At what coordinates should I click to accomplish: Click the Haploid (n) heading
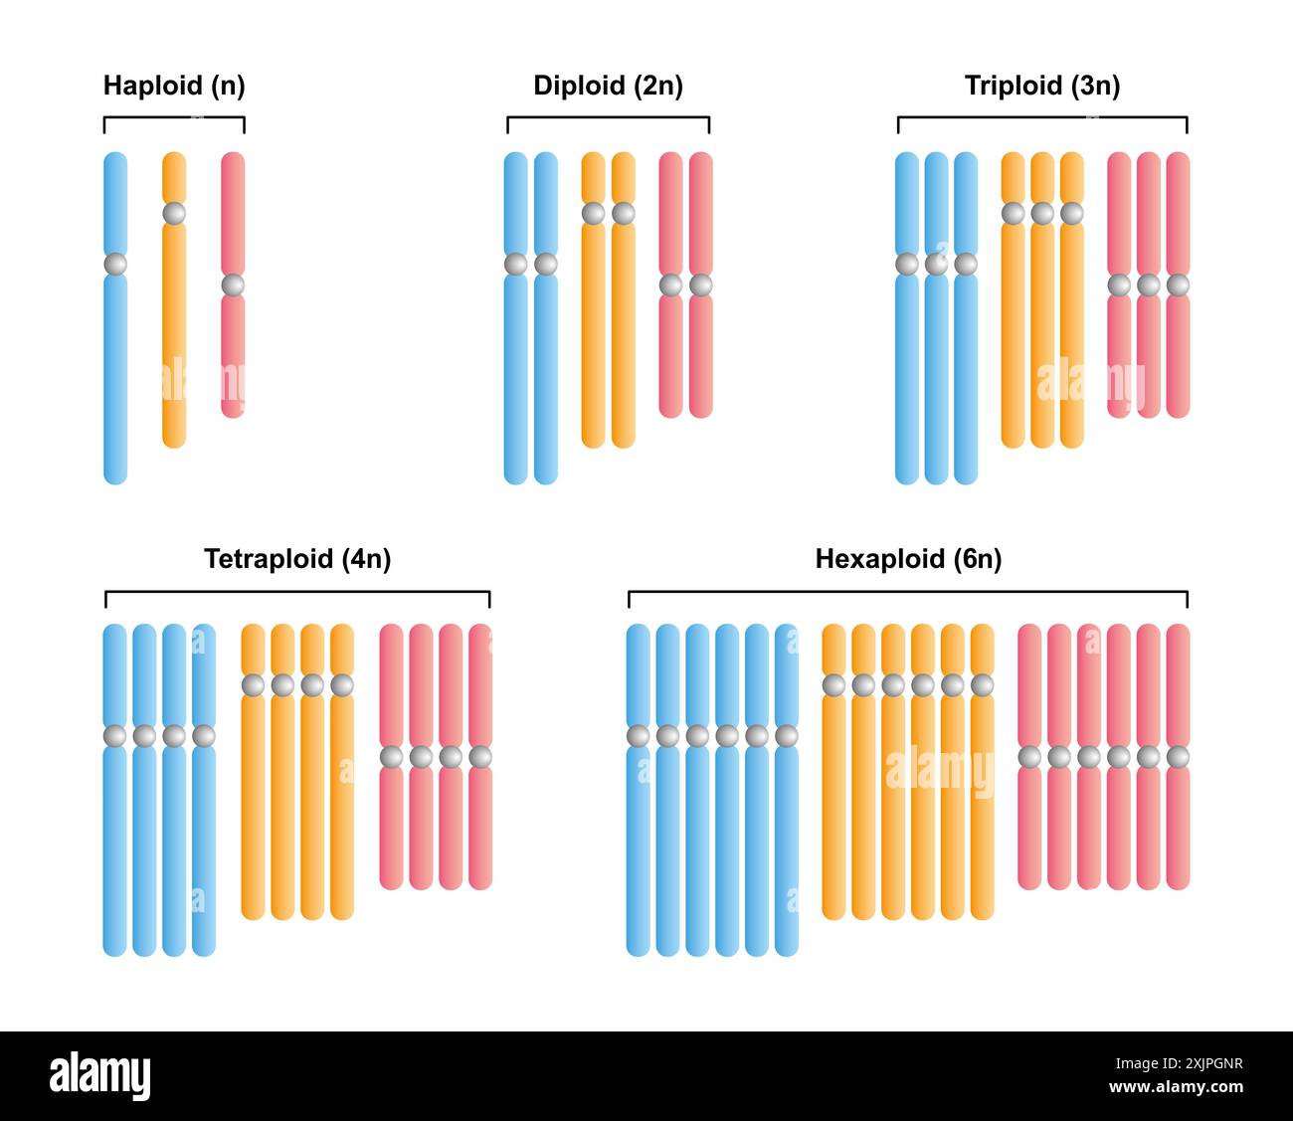pos(174,86)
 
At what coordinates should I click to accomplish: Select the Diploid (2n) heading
pos(608,86)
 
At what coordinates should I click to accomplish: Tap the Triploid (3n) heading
pos(1041,86)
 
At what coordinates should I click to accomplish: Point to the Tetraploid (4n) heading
pos(297,559)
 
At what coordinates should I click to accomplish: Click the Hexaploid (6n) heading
pos(908,559)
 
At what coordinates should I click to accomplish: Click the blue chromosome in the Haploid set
pos(115,378)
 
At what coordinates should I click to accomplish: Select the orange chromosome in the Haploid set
pos(174,328)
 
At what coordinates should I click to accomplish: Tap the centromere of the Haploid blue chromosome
pos(115,265)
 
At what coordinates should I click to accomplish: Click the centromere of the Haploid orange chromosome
pos(174,213)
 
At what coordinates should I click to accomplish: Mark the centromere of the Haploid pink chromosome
pos(233,285)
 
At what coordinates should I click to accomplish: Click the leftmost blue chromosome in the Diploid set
pos(515,378)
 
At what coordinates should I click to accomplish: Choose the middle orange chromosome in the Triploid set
pos(1042,328)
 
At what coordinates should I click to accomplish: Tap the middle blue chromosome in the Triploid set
pos(936,378)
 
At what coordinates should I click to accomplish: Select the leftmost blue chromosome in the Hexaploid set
pos(639,845)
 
